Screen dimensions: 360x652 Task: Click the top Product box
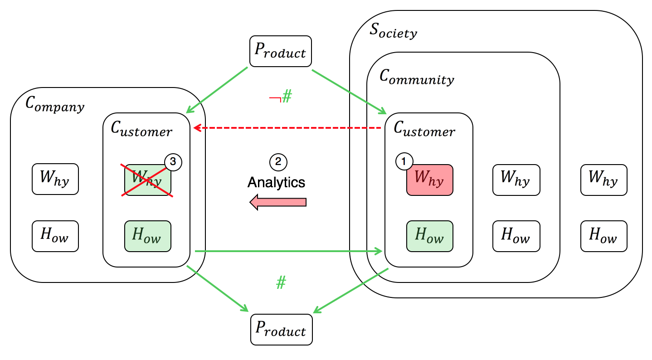tap(280, 51)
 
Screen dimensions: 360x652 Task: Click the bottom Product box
tap(281, 329)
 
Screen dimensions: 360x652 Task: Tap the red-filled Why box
tap(429, 180)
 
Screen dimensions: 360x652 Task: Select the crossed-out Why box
tap(148, 180)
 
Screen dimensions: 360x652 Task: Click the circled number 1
tap(404, 161)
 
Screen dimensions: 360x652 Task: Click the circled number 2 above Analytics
tap(278, 161)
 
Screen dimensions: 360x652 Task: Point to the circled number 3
tap(173, 161)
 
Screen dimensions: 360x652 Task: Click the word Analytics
tap(276, 182)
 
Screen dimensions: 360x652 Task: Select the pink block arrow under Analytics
tap(278, 202)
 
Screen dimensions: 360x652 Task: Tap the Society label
tap(393, 32)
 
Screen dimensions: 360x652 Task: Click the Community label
tap(416, 78)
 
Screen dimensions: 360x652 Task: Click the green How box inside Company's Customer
tap(148, 236)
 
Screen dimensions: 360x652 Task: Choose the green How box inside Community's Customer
tap(429, 236)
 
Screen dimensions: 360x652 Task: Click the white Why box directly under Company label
tap(55, 180)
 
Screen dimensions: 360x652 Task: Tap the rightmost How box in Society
tap(603, 236)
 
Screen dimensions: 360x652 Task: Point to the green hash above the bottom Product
tap(281, 283)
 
